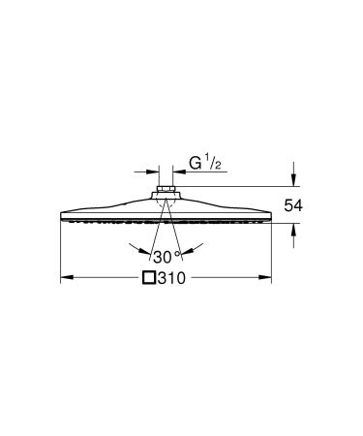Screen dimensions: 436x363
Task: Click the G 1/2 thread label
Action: pyautogui.click(x=205, y=166)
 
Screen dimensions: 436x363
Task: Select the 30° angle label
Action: pyautogui.click(x=166, y=257)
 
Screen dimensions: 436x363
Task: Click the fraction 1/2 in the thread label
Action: pyautogui.click(x=219, y=164)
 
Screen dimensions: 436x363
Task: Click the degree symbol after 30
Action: pyautogui.click(x=178, y=253)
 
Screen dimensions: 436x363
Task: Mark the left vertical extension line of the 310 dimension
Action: pyautogui.click(x=61, y=252)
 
